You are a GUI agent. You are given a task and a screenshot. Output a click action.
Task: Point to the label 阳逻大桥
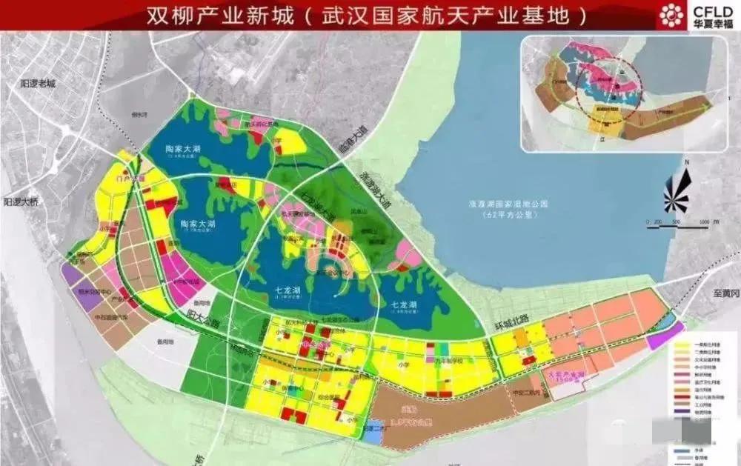click(x=20, y=200)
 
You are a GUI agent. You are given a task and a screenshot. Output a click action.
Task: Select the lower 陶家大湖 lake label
click(x=198, y=222)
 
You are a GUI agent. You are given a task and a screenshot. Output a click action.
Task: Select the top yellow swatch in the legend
click(x=684, y=344)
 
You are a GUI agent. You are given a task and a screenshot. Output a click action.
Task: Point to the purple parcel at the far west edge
click(x=73, y=276)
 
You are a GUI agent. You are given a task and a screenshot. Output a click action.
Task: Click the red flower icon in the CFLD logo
click(x=673, y=15)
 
